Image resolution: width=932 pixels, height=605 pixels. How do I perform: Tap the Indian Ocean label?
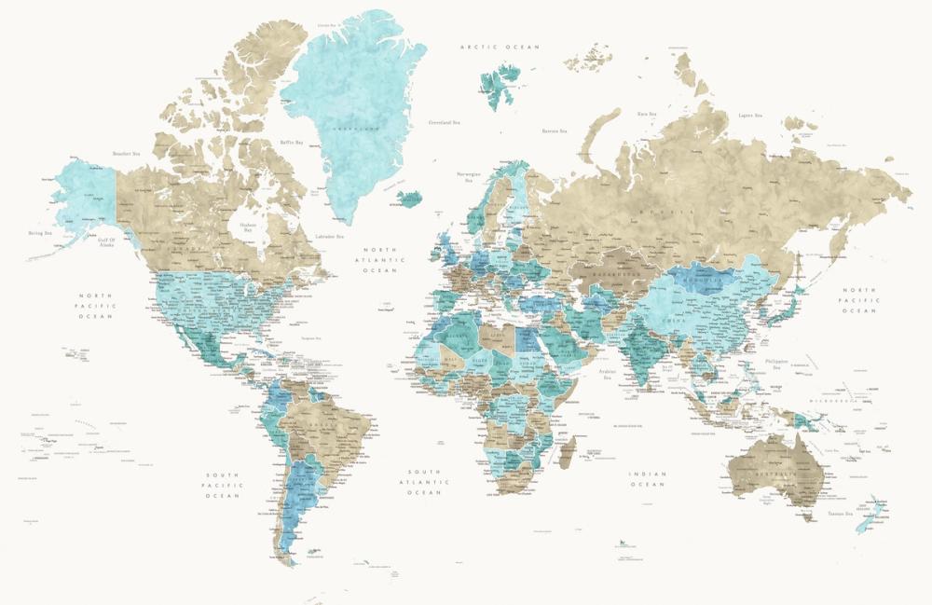(x=648, y=479)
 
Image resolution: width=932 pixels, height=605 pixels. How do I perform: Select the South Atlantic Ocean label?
(x=424, y=481)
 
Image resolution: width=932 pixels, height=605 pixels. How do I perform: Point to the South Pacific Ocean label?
(x=224, y=485)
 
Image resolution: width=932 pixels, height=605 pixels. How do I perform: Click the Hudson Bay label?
(x=247, y=227)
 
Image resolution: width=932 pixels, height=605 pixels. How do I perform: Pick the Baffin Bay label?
(x=292, y=142)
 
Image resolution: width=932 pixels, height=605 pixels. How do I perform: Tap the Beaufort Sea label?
(x=125, y=153)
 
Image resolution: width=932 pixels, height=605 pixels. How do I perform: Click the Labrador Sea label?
(x=329, y=237)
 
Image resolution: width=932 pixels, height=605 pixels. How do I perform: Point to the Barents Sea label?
(x=555, y=131)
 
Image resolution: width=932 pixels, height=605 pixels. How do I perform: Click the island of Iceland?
(x=407, y=199)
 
